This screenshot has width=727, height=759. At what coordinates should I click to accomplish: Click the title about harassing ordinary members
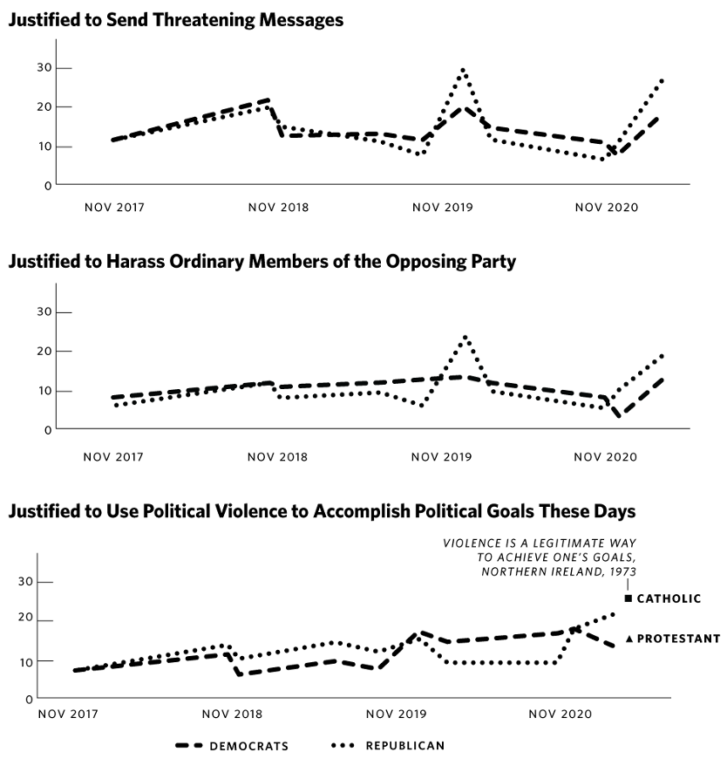click(x=262, y=262)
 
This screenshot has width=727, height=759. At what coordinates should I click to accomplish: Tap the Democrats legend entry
click(x=232, y=746)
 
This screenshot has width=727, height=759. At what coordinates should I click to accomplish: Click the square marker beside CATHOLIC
click(x=628, y=598)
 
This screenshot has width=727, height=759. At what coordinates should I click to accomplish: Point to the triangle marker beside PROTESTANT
click(x=629, y=639)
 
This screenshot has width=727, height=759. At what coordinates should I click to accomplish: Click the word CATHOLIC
click(x=669, y=598)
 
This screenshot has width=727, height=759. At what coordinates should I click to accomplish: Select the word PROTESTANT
click(x=679, y=639)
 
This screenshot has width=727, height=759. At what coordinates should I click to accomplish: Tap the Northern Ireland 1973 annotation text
click(x=540, y=557)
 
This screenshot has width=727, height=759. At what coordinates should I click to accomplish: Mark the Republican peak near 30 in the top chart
click(x=463, y=70)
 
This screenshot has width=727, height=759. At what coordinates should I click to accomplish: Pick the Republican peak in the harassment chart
click(x=465, y=337)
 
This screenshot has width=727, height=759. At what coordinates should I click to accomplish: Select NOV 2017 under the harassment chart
click(x=114, y=456)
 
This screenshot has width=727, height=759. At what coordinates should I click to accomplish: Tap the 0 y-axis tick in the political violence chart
click(x=28, y=699)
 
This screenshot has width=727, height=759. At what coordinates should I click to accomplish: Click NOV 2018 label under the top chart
click(x=278, y=208)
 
